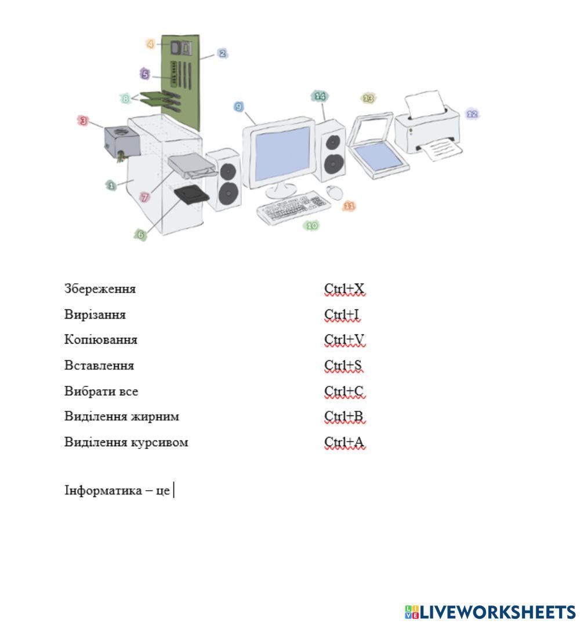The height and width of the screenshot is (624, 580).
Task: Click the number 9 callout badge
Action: (x=238, y=107)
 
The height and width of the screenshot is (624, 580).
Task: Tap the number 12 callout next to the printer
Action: (x=472, y=114)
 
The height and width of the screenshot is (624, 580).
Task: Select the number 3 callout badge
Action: (x=84, y=121)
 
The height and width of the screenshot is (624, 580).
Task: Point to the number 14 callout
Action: (x=320, y=96)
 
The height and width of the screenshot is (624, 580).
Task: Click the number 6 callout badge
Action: (x=140, y=235)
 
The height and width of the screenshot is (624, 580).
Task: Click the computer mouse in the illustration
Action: (x=334, y=192)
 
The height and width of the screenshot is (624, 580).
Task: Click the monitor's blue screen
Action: (x=282, y=153)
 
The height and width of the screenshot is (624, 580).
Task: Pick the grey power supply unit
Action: (x=122, y=141)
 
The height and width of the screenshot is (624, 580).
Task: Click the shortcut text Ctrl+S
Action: (x=344, y=366)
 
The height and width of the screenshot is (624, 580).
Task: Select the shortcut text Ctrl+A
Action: (x=345, y=443)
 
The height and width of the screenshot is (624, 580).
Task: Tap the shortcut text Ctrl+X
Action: (x=345, y=289)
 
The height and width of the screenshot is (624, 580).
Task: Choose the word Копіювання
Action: (x=101, y=340)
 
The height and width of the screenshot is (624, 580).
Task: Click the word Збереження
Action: (x=100, y=289)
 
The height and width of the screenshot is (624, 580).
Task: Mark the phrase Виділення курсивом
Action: (x=126, y=443)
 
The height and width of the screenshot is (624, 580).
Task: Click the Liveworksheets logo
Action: (x=490, y=612)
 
